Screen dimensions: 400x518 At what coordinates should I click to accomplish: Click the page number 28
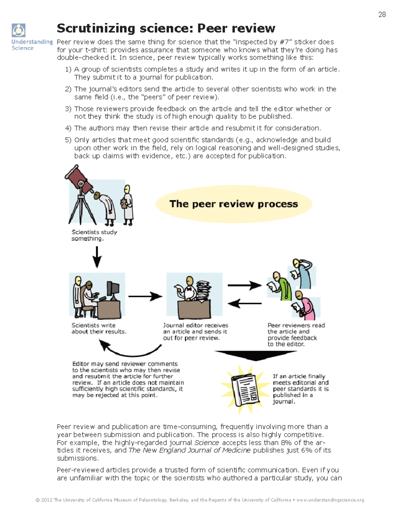pos(382,14)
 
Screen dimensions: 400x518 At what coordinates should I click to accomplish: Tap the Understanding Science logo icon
pos(19,30)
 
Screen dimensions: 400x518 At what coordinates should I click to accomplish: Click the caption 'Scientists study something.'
pos(94,235)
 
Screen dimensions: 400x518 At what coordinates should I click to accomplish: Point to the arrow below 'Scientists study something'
pos(97,257)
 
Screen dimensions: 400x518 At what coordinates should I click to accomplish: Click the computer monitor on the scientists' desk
pos(113,290)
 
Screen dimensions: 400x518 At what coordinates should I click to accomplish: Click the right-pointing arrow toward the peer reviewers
pos(244,285)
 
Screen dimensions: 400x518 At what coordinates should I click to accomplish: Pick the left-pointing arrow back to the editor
pos(244,303)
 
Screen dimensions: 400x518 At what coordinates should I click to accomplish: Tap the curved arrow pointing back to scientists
pos(132,350)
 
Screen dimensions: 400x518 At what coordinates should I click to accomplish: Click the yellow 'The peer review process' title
pos(234,204)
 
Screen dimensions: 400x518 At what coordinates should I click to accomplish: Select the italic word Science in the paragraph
pos(207,443)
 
